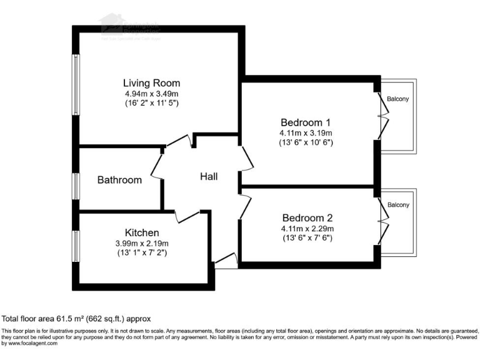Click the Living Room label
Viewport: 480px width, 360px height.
(x=151, y=82)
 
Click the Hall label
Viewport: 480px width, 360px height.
(x=209, y=177)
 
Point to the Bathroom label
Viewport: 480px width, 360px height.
(x=119, y=180)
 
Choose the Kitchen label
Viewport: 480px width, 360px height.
(x=142, y=232)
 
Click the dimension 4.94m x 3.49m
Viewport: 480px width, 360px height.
(x=151, y=93)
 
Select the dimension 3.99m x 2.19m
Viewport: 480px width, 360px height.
(x=142, y=243)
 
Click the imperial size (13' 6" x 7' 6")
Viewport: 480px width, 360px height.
(x=306, y=237)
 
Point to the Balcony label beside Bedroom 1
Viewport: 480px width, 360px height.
(x=398, y=99)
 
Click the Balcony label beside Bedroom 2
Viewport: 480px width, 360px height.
(x=398, y=205)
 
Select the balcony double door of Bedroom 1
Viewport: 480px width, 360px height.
(x=382, y=116)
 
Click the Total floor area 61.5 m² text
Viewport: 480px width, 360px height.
(x=76, y=318)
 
